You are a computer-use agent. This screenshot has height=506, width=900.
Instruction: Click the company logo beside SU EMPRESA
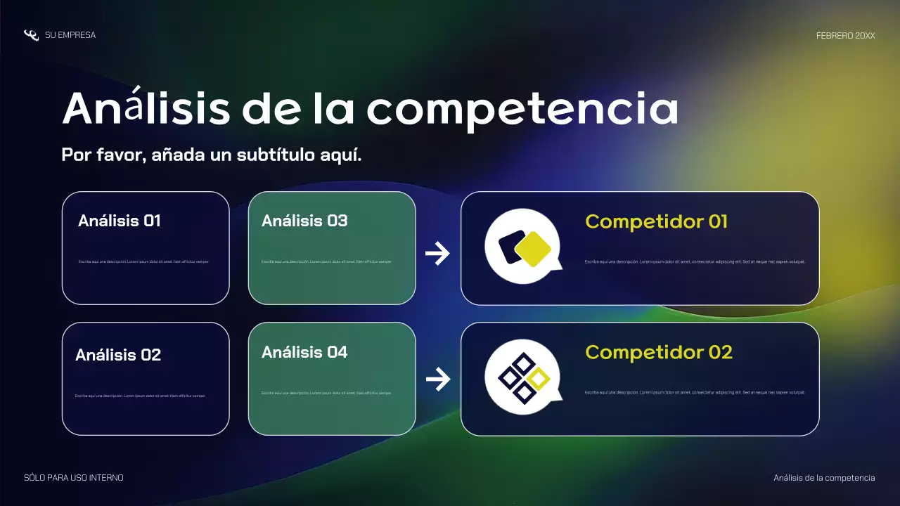coord(31,35)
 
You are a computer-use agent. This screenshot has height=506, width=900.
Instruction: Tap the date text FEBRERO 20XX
coord(845,35)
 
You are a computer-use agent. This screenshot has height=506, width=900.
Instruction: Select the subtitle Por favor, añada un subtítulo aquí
coord(212,155)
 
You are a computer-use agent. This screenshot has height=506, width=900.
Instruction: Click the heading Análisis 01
coord(120,221)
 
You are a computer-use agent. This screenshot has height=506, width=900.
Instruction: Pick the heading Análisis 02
coord(118,355)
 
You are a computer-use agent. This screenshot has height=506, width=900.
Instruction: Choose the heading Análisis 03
coord(304,221)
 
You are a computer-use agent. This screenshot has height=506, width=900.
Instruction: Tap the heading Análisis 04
coord(304,352)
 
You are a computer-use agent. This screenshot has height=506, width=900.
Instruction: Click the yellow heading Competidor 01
coord(656,221)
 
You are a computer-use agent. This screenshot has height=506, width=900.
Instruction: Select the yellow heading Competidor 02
coord(659,352)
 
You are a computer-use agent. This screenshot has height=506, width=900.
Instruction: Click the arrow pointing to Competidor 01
coord(437,254)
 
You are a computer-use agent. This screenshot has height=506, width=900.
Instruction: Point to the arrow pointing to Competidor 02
coord(437,380)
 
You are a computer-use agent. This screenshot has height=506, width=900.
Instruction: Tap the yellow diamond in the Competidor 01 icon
coord(532,249)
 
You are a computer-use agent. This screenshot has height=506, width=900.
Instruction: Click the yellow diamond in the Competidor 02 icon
coord(538,379)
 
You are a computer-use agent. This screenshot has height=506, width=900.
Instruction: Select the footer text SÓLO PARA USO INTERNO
coord(74,478)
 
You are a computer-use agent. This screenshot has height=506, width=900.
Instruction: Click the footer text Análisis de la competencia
coord(824,478)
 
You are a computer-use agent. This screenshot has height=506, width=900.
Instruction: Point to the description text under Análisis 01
coord(143,261)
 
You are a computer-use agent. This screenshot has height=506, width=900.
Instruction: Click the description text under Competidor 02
coord(694,392)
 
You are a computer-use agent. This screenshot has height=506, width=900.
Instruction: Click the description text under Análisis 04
coord(326,393)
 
